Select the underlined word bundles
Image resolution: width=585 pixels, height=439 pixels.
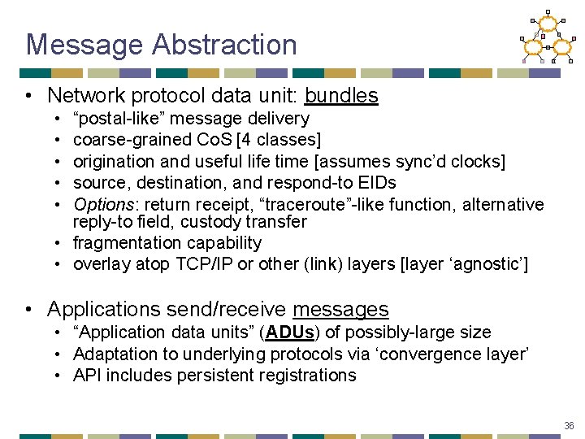pos(341,96)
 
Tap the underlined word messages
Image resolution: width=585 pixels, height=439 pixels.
pos(340,310)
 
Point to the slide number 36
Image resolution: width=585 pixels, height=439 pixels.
pos(568,426)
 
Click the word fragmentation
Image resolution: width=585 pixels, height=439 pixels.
pos(123,243)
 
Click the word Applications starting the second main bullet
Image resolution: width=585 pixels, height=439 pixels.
pos(103,310)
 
